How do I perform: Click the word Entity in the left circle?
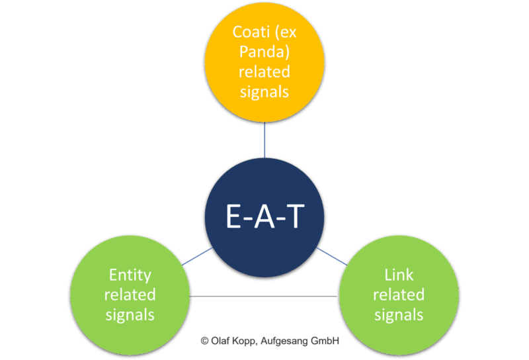(130, 275)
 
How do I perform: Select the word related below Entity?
(130, 294)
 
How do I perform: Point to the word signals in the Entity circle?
(130, 314)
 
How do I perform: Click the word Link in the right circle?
(399, 275)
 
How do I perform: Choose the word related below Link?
(399, 294)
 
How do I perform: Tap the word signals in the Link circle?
(399, 314)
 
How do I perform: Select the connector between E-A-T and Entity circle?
(198, 257)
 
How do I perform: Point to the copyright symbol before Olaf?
(204, 341)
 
